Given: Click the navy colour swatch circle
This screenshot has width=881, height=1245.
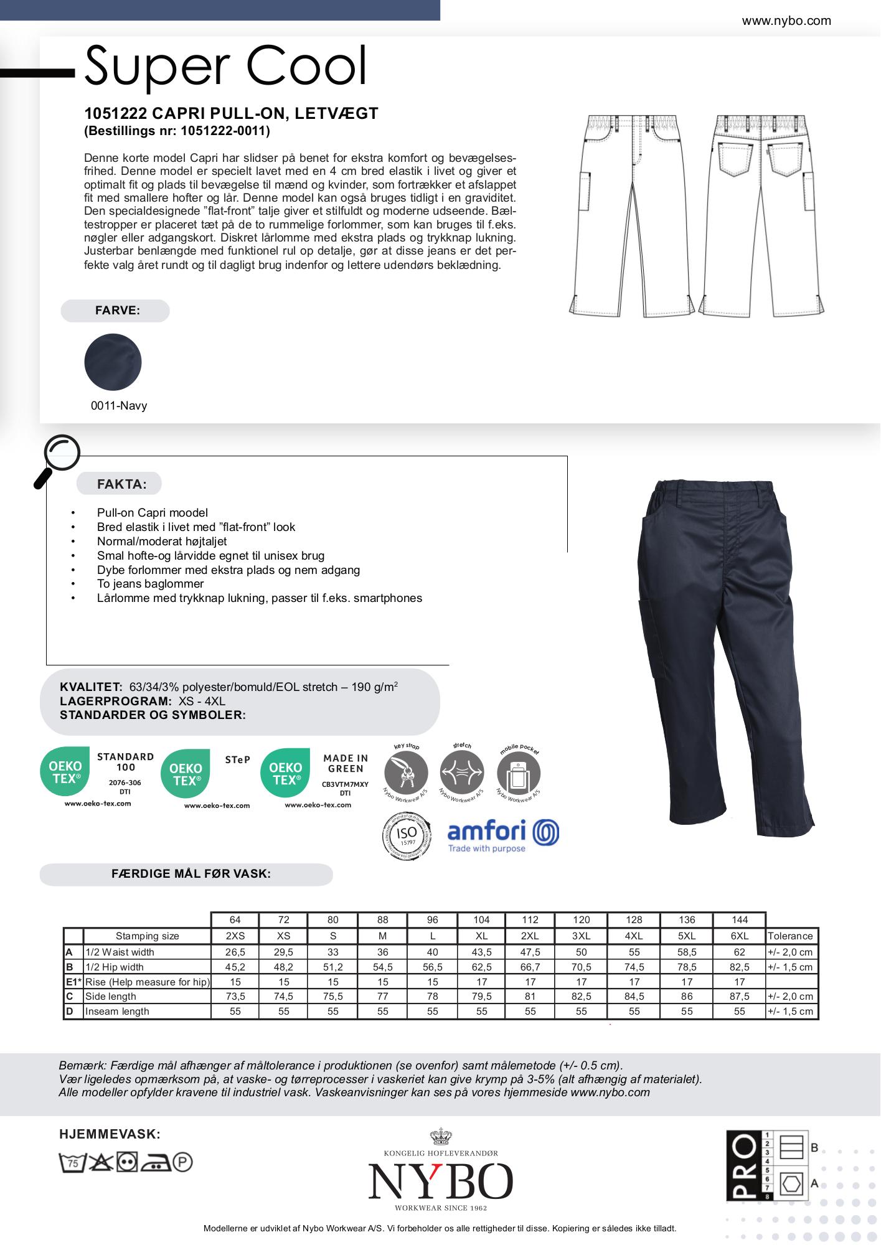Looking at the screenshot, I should pos(113,362).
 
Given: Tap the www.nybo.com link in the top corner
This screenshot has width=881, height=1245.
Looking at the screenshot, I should pos(786,21).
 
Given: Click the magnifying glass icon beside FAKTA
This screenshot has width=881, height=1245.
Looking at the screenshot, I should pos(57,459).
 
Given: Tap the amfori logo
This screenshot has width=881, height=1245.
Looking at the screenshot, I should pos(503,835).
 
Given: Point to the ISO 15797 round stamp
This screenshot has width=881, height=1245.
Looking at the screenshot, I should pos(406,836).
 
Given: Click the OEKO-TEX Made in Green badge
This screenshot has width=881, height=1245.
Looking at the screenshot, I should pos(315,778).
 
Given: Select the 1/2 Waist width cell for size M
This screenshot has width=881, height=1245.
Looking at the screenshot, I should pos(382,952).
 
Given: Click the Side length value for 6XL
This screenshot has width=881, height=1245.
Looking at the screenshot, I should pos(739,997).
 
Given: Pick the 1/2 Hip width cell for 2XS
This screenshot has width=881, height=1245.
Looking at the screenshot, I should pos(235,967).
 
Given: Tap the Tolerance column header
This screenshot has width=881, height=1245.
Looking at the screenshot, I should pos(790,936).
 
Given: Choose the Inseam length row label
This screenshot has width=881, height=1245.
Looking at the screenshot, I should pos(117,1012).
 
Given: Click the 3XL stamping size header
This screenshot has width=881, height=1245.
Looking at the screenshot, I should pos(581,936).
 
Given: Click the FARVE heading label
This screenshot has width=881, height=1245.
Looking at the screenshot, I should pos(117,311).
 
